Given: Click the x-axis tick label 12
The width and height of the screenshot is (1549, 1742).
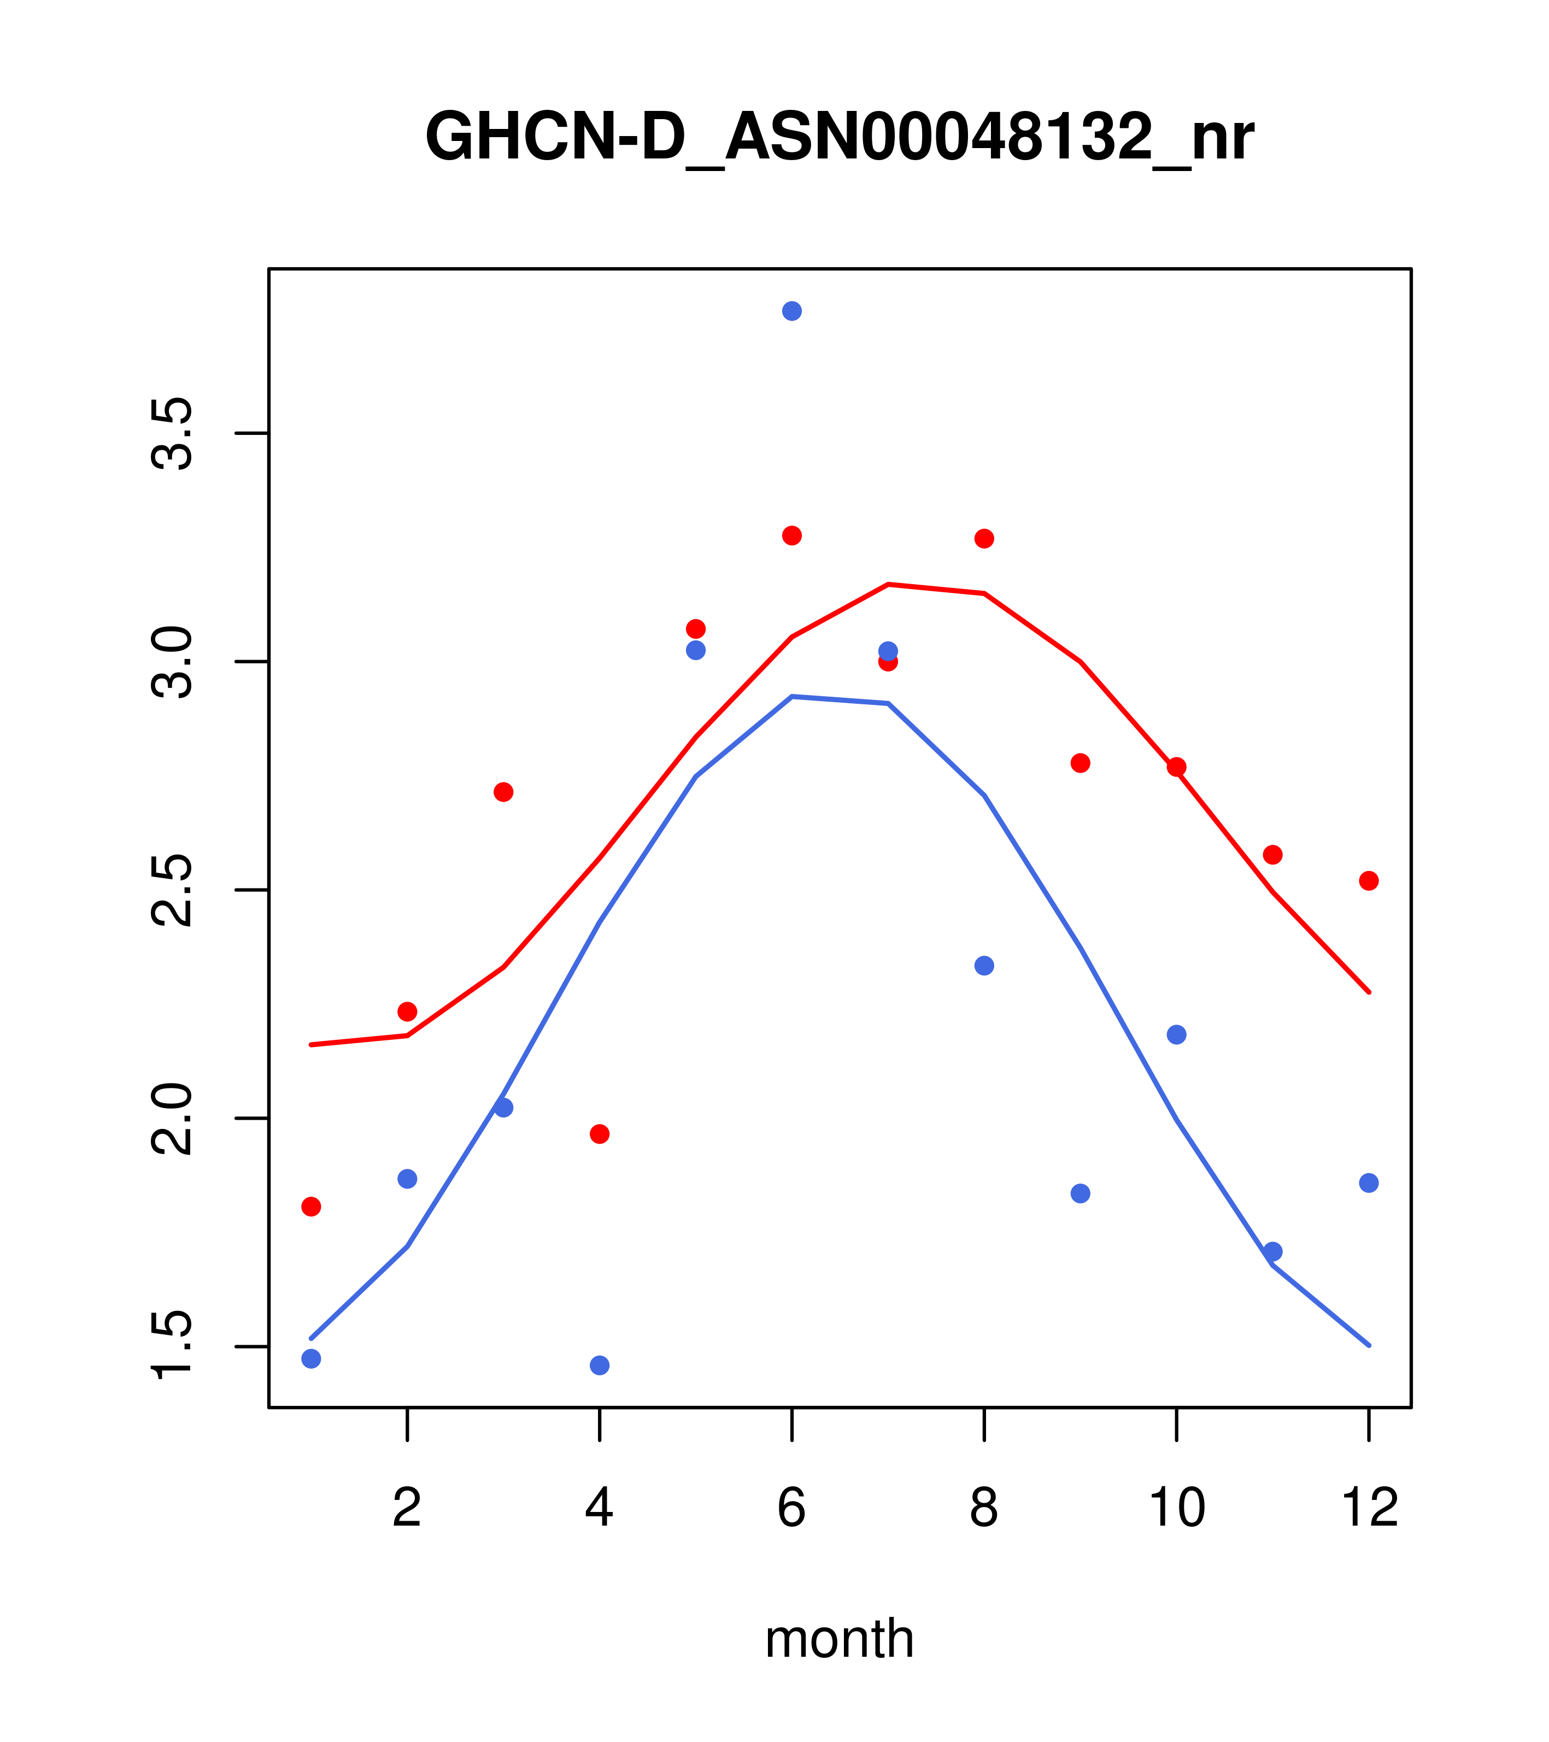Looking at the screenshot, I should [x=1369, y=1509].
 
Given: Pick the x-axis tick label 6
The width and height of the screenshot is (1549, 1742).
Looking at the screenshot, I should [x=792, y=1509].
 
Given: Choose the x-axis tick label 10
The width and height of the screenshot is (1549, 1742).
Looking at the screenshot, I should [x=1176, y=1509].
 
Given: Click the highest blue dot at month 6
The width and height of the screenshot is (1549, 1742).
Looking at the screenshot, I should [x=792, y=311].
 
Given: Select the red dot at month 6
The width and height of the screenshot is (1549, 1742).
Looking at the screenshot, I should [x=792, y=535].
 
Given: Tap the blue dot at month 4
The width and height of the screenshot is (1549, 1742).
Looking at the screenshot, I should [x=600, y=1366].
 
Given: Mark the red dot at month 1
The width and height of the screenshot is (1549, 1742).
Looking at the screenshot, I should [x=311, y=1206].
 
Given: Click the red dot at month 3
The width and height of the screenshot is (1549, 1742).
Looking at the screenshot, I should [x=504, y=792].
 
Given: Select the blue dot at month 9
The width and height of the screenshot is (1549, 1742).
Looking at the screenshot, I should [x=1080, y=1193].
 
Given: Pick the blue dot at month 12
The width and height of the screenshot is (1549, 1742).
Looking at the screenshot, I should [x=1369, y=1183].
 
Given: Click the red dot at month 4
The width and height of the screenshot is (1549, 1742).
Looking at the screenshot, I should [x=600, y=1133].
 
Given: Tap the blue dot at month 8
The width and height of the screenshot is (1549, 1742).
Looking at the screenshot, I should [x=984, y=966].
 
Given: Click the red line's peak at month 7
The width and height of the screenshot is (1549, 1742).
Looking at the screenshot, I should [x=888, y=585].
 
